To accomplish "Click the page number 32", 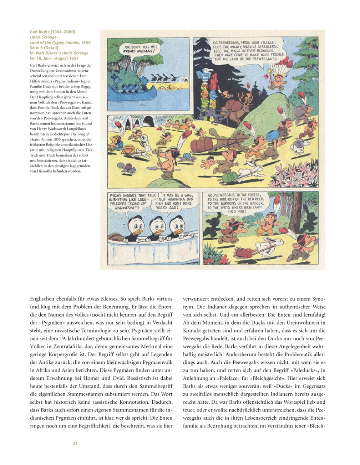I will pos(75,443).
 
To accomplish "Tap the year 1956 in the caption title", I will pos(86,42).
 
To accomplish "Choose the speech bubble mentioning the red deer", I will pos(235,203).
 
